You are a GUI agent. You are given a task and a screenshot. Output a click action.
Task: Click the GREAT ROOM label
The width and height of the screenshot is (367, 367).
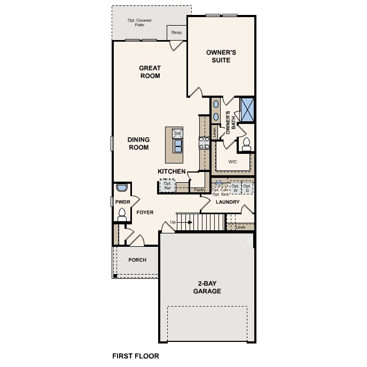pos(150,72)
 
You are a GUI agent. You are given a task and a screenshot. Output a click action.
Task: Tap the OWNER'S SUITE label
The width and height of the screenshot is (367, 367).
pos(221,56)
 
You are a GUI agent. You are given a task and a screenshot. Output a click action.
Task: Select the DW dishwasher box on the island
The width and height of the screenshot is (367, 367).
pos(177,134)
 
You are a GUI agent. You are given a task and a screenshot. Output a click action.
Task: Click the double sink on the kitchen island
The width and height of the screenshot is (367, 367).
pos(178,145)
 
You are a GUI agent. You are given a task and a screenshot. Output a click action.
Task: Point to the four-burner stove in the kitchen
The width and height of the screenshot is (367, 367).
pos(204,143)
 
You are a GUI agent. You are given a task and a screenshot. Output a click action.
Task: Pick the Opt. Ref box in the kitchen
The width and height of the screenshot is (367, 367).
pos(167,185)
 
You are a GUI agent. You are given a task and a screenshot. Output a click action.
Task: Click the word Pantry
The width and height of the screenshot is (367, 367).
pos(200,190)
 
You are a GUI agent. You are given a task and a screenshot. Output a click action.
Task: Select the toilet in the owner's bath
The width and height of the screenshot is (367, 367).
pos(246,143)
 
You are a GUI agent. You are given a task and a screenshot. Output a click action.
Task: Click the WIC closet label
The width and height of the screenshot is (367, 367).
pos(232,161)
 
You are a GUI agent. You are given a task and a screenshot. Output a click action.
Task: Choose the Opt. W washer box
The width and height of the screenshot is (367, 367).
pos(235,188)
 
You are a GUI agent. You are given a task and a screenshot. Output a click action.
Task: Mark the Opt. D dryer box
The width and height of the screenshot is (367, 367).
pos(247,188)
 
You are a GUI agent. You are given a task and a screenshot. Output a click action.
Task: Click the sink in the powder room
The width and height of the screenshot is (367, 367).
pos(122,188)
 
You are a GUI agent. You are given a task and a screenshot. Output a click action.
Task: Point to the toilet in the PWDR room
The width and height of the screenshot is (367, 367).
pos(121,214)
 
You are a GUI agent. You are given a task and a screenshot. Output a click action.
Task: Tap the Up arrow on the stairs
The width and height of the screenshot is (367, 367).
pos(173,222)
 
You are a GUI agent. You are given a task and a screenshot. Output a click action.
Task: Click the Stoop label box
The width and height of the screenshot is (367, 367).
pos(176,33)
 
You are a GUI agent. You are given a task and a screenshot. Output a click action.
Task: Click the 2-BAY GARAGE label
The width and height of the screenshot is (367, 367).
pos(207,287)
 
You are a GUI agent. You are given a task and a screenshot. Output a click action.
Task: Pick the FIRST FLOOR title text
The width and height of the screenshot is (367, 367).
pos(135,355)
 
